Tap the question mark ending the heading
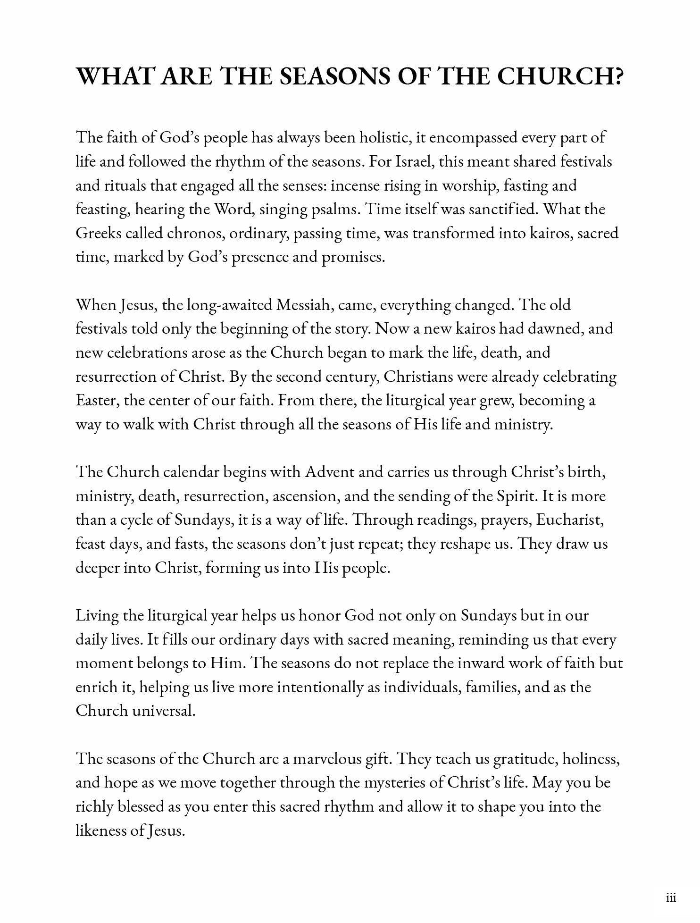(616, 76)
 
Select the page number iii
(671, 898)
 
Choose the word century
(351, 377)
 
